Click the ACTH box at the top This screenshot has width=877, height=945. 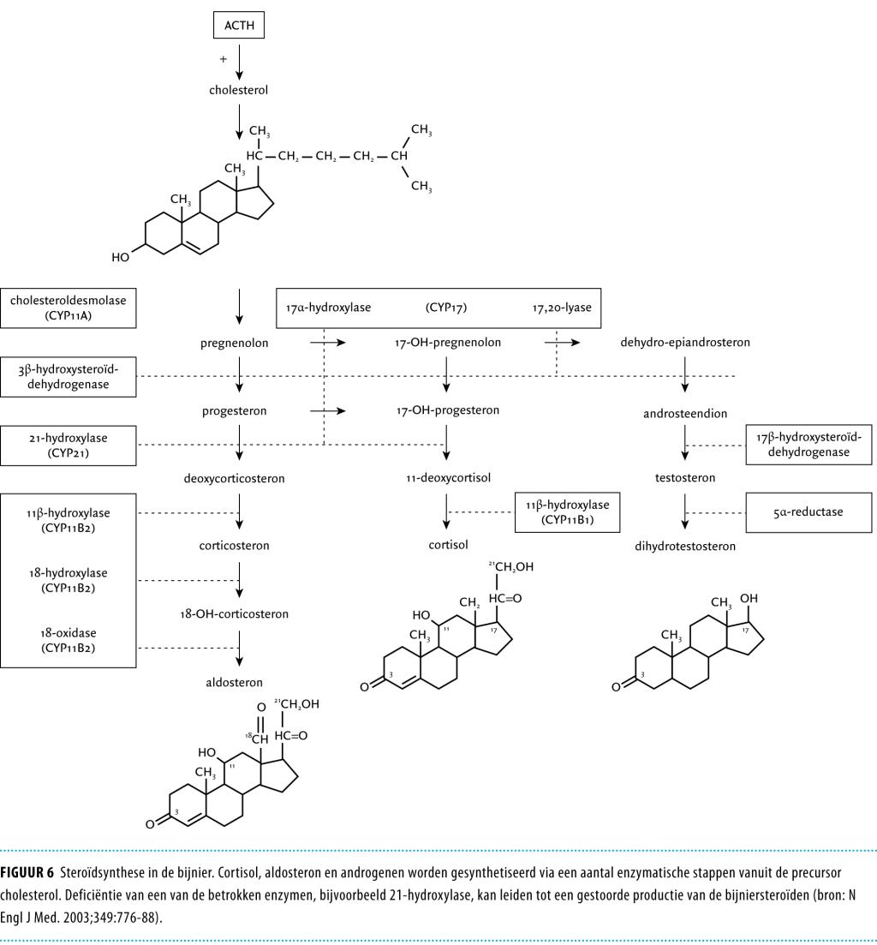239,27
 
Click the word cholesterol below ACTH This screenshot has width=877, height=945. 239,90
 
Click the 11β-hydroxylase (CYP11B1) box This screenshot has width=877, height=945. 567,511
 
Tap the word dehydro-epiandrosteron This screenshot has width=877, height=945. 685,343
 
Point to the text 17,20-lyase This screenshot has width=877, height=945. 562,308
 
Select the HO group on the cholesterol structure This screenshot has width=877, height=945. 120,257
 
